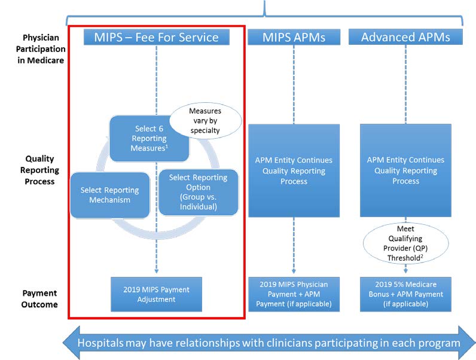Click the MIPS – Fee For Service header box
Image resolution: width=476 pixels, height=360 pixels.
(x=156, y=37)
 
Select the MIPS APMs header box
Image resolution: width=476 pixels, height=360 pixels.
(x=294, y=37)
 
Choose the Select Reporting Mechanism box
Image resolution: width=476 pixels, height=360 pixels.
(x=109, y=195)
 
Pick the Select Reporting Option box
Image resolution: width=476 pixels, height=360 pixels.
(x=198, y=192)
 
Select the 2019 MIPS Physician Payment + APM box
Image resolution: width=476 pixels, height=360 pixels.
(x=294, y=294)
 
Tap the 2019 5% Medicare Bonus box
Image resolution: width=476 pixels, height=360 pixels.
(x=405, y=294)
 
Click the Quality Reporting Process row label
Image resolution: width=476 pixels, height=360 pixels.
(x=39, y=169)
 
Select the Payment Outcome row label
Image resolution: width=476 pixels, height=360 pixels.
(x=39, y=298)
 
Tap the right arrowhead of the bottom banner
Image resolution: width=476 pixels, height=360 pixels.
(x=466, y=343)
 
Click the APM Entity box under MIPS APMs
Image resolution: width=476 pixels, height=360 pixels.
(x=294, y=170)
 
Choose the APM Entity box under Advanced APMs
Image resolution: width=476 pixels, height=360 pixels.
(x=405, y=170)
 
